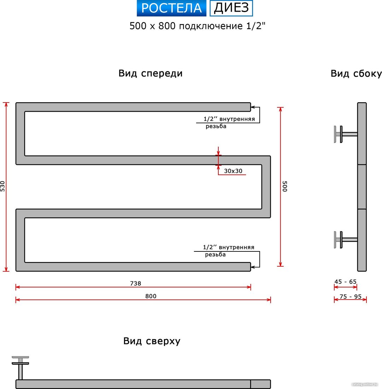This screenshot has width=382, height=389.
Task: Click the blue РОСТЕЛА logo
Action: [171, 8]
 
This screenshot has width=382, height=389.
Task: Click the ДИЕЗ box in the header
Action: [231, 8]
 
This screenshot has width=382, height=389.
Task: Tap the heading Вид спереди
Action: [151, 74]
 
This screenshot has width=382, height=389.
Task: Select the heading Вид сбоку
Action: [356, 74]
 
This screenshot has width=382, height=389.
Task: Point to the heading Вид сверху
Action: [152, 341]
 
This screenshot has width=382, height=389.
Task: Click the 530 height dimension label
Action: [2, 186]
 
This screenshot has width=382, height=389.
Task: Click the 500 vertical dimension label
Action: [285, 186]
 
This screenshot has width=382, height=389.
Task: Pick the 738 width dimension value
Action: [136, 283]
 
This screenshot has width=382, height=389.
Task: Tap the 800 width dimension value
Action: [151, 296]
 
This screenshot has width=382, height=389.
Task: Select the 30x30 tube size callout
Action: [233, 171]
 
